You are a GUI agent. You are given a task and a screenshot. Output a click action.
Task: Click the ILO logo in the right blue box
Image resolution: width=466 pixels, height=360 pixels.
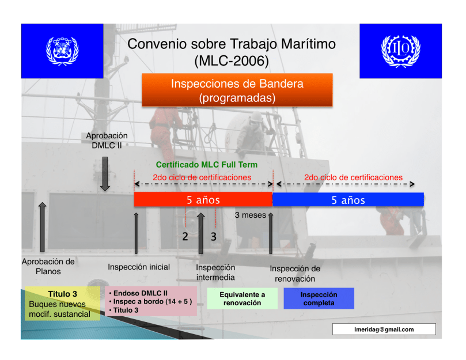(400, 51)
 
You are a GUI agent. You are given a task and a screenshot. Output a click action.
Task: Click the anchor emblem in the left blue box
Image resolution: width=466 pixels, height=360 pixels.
(62, 51)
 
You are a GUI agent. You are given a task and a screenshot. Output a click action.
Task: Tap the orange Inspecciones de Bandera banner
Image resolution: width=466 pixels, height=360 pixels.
(237, 90)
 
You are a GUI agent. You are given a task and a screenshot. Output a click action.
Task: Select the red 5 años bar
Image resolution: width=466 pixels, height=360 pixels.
(203, 199)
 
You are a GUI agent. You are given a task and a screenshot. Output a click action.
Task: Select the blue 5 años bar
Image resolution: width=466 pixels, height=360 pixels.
(348, 200)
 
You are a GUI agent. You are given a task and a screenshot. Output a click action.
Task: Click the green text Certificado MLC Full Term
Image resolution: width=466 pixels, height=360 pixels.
(207, 165)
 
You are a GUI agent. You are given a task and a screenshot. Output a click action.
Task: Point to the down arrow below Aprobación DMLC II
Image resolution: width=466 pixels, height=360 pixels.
(105, 174)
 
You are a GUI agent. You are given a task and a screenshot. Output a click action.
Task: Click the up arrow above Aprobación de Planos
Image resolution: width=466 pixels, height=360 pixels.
(43, 228)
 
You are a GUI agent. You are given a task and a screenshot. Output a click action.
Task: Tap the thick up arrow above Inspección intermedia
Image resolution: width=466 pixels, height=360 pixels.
(201, 233)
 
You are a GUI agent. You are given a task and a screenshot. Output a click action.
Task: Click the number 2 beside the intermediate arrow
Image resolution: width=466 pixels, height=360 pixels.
(185, 237)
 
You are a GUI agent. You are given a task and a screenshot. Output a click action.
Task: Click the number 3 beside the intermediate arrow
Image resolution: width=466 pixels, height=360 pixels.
(214, 237)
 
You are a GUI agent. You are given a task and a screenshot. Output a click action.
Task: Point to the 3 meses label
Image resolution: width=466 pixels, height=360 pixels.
(250, 215)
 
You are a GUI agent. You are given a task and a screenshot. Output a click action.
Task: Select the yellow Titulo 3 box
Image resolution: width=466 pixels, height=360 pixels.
(62, 304)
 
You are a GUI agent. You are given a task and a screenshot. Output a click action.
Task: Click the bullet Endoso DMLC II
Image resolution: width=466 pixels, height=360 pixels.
(138, 293)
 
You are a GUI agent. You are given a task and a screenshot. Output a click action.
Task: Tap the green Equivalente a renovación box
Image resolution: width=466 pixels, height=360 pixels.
(242, 298)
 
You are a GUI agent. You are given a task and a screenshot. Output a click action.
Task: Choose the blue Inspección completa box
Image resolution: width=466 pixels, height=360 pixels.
(319, 298)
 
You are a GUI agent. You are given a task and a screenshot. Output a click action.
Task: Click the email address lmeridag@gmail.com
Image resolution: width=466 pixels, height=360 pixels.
(384, 329)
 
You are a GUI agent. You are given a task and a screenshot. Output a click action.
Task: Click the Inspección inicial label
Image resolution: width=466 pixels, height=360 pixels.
(139, 267)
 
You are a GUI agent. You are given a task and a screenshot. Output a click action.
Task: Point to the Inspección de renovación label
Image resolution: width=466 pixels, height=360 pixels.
(295, 274)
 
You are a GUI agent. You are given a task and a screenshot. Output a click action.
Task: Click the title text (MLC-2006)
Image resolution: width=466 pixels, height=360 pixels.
(232, 61)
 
